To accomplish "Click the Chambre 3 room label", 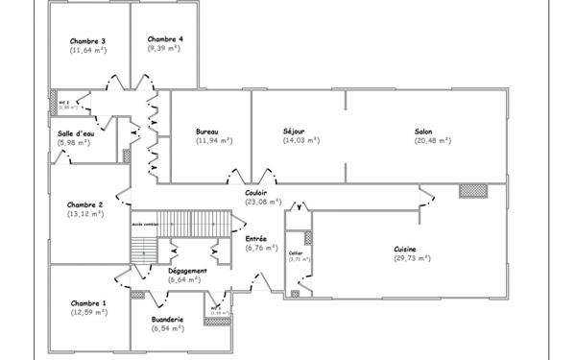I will [x=87, y=41].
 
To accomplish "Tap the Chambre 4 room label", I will [x=164, y=39].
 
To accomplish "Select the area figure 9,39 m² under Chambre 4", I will [x=164, y=48].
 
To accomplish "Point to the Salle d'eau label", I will [x=75, y=133].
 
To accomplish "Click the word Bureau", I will [x=206, y=131].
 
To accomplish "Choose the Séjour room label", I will [x=294, y=131].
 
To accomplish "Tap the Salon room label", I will [x=423, y=131].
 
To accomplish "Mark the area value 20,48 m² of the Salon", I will [x=423, y=140].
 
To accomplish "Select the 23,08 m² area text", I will [x=262, y=202].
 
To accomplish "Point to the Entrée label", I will [x=256, y=238].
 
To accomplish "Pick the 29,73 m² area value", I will [x=411, y=257].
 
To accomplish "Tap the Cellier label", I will [x=296, y=252].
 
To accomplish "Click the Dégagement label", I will [x=187, y=271].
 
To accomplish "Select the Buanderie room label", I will [x=168, y=319].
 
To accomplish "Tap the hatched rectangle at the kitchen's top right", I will [x=471, y=190].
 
